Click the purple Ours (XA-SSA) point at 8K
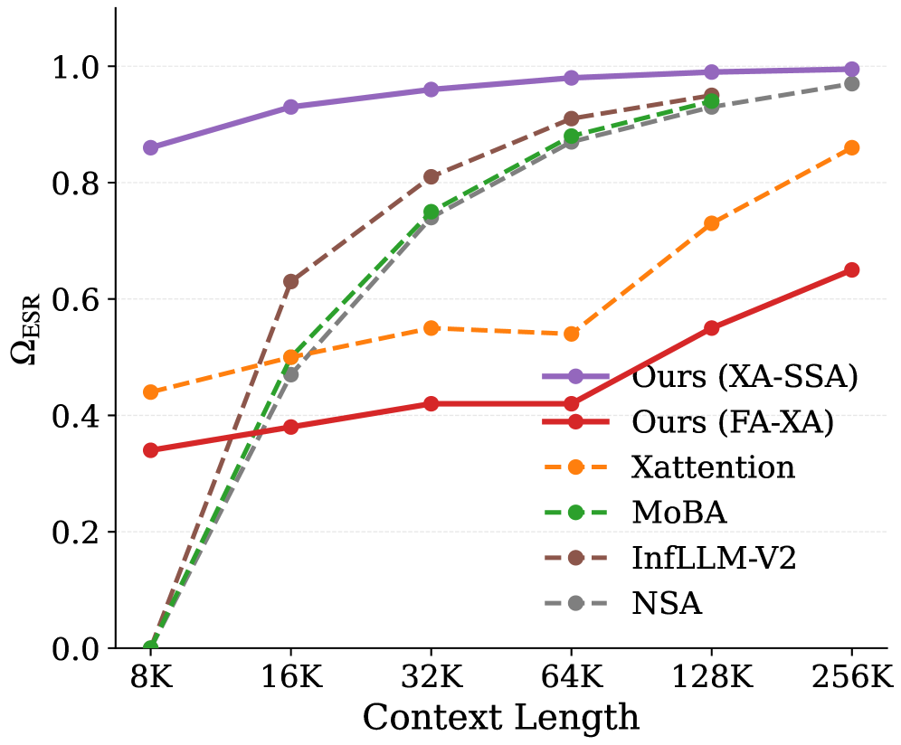pyautogui.click(x=150, y=147)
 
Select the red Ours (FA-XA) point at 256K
pyautogui.click(x=851, y=269)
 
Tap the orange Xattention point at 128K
pyautogui.click(x=711, y=223)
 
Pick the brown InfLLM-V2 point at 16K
pyautogui.click(x=290, y=281)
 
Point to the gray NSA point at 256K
pyautogui.click(x=851, y=83)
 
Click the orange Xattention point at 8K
pyautogui.click(x=150, y=392)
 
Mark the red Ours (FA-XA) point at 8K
pyautogui.click(x=150, y=450)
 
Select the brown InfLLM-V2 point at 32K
pyautogui.click(x=431, y=176)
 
